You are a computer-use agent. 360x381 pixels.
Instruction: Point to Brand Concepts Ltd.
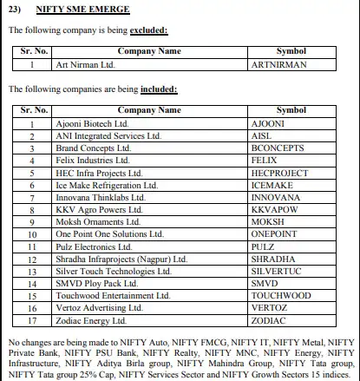coord(92,148)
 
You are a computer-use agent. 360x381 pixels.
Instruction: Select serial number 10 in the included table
coord(31,233)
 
